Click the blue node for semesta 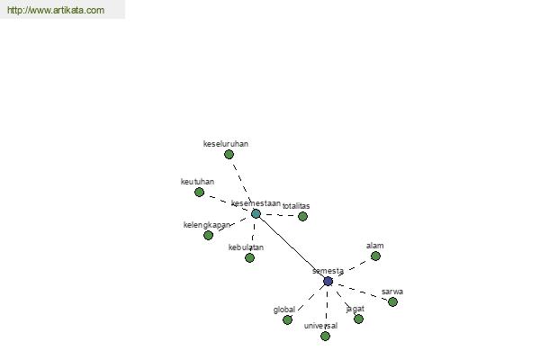tap(328, 281)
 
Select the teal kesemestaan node tap(256, 213)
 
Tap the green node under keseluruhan tap(229, 154)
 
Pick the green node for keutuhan tap(199, 192)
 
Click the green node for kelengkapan tap(208, 235)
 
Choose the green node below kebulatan tap(249, 257)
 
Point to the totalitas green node tap(302, 216)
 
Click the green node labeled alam tap(375, 256)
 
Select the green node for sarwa tap(392, 301)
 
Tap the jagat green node tap(358, 319)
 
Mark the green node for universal tap(325, 336)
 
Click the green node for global tap(287, 320)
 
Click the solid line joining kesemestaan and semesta tap(292, 247)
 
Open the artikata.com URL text tap(56, 10)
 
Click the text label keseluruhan tap(226, 144)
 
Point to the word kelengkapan tap(207, 225)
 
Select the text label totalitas tap(296, 206)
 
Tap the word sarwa tap(392, 292)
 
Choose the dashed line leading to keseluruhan tap(242, 184)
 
